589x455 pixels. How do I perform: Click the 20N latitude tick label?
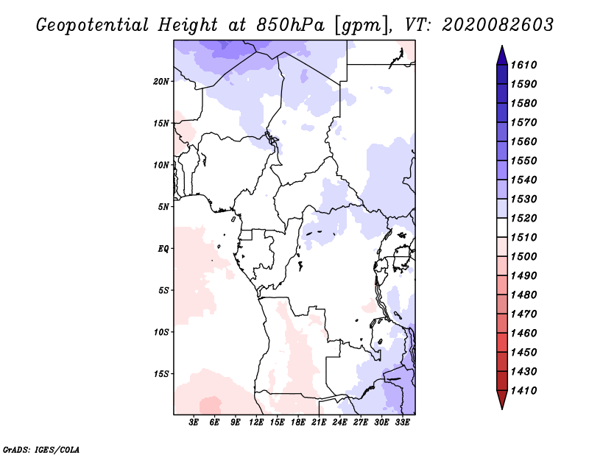(x=161, y=82)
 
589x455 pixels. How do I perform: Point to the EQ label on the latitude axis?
(x=163, y=249)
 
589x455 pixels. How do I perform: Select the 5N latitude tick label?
(x=163, y=207)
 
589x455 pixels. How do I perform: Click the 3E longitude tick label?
(x=194, y=423)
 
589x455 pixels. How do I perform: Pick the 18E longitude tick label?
(x=298, y=423)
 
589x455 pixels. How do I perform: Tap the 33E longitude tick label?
(x=402, y=423)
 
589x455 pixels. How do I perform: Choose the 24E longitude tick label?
(x=339, y=423)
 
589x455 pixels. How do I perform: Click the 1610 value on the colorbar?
(x=523, y=65)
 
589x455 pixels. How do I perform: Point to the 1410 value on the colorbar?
(x=523, y=391)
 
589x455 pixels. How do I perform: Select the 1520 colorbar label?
(x=523, y=218)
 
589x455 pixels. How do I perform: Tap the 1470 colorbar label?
(x=523, y=314)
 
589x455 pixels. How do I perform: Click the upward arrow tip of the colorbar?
(x=502, y=46)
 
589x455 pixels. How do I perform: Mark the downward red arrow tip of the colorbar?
(x=502, y=409)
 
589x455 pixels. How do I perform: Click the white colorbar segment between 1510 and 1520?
(x=502, y=227)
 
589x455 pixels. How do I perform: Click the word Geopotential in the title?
(x=93, y=25)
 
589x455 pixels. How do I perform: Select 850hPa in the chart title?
(x=290, y=25)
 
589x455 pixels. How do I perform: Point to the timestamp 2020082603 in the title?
(x=498, y=25)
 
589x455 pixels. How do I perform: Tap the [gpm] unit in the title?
(x=362, y=26)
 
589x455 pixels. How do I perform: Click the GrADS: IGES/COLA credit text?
(x=41, y=449)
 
